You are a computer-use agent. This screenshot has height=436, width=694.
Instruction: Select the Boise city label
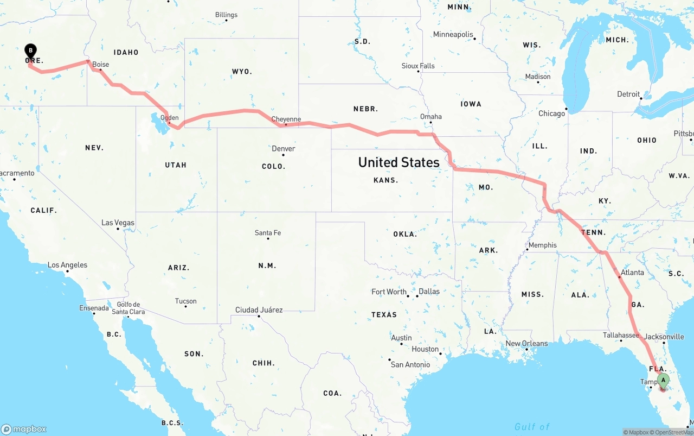click(100, 65)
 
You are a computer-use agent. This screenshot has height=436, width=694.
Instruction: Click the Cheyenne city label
click(286, 119)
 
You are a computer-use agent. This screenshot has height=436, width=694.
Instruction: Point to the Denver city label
click(284, 149)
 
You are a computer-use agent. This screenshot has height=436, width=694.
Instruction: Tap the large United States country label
click(399, 162)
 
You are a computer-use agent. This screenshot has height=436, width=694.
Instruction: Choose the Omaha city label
click(431, 117)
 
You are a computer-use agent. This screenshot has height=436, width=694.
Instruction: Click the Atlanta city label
click(632, 273)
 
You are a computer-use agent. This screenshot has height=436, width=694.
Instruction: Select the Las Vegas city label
click(118, 223)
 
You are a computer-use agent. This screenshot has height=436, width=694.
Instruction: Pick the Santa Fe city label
click(268, 233)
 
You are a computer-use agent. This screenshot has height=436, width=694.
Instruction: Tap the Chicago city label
click(551, 113)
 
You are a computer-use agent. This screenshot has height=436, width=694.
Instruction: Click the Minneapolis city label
click(453, 35)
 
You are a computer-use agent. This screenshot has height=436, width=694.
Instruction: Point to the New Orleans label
click(526, 344)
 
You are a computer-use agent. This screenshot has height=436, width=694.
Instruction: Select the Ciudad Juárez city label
click(259, 310)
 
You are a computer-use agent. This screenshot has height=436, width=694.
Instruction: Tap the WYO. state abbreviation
click(241, 72)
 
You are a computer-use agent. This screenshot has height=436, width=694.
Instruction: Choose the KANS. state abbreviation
click(386, 180)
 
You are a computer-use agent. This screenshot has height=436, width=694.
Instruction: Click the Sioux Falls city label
click(418, 66)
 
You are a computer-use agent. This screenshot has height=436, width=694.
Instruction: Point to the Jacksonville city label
click(664, 337)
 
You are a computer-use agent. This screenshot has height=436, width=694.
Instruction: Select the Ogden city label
click(170, 118)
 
